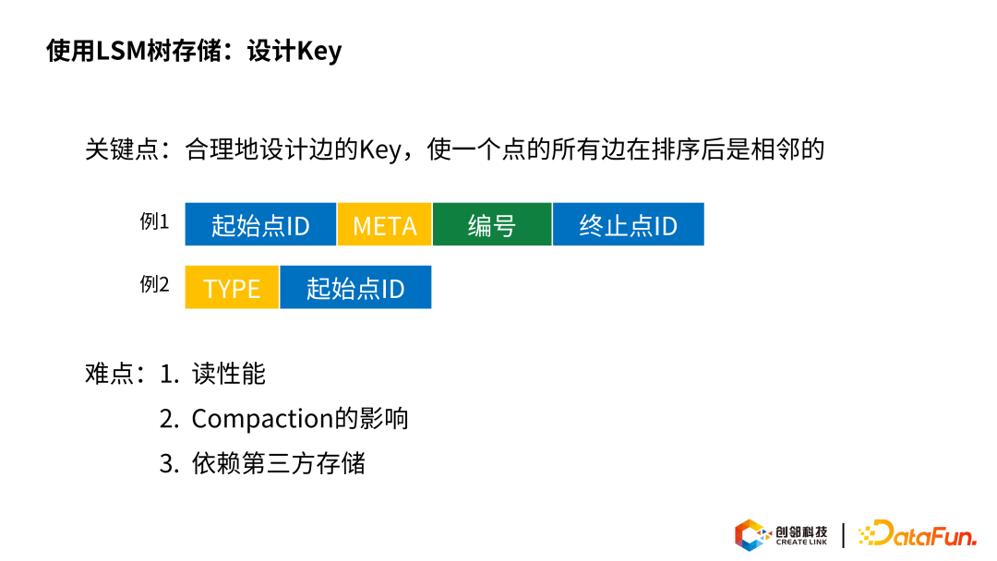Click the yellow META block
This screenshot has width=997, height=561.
385,224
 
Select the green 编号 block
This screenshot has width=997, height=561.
492,224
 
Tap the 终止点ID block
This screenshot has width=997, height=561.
629,224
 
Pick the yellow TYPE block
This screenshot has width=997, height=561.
232,287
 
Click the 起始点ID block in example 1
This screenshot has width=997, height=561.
260,224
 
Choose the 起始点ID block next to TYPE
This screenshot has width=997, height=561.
355,287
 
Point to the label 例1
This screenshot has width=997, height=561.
154,221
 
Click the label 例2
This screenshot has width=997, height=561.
154,284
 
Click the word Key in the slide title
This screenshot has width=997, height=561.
319,52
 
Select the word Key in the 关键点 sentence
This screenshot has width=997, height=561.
380,150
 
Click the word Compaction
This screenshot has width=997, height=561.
262,419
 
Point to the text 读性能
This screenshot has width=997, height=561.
229,374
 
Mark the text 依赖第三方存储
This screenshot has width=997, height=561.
279,463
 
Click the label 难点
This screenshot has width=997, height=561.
109,374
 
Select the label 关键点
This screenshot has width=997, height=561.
122,150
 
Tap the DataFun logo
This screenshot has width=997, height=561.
917,533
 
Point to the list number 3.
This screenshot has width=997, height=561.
169,464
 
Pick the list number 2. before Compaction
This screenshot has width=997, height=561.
169,419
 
